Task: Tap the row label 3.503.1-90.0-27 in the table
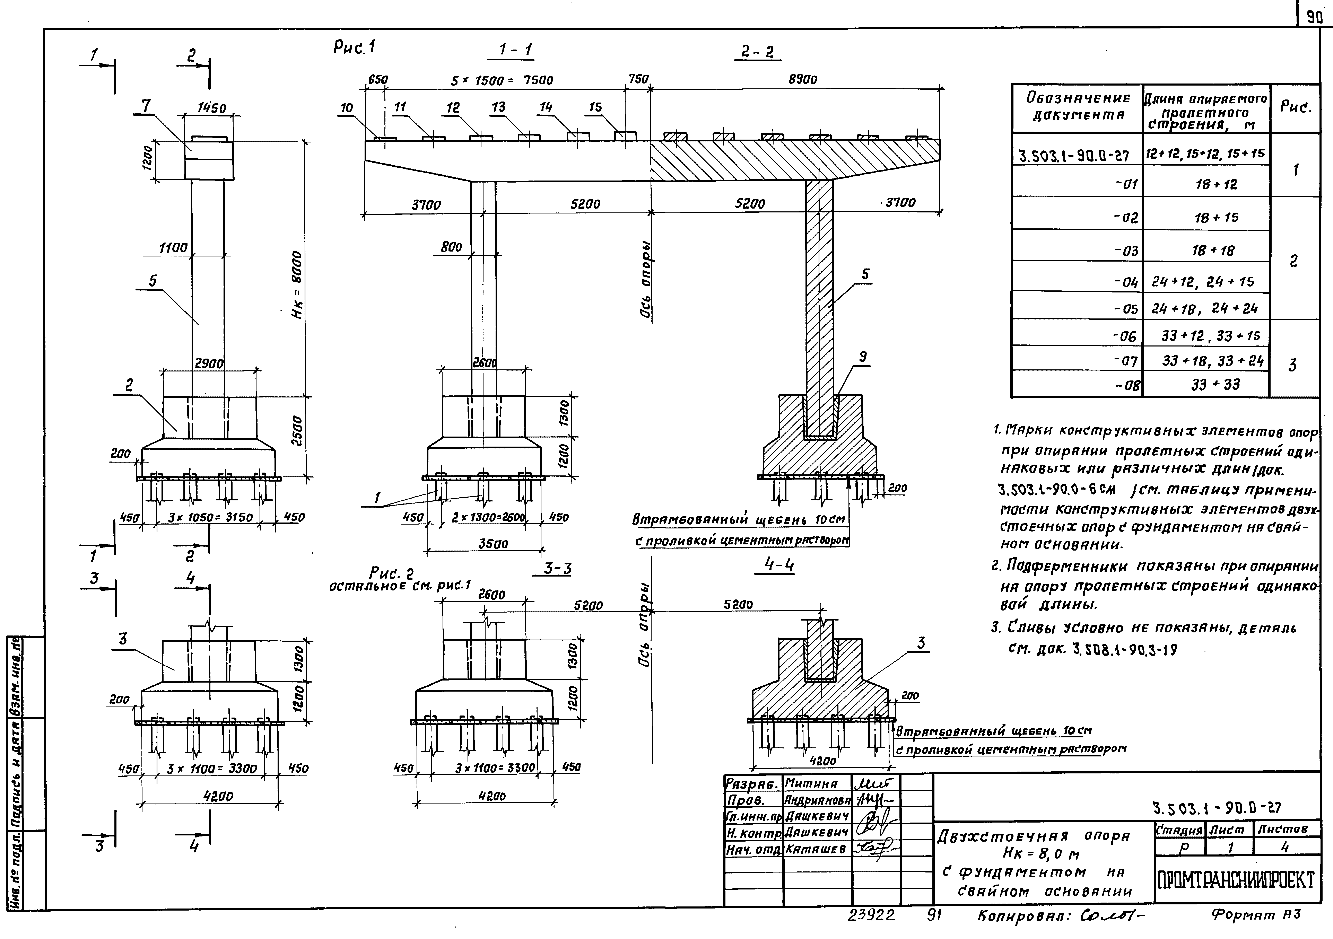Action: tap(1074, 156)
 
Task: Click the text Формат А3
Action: tap(1255, 916)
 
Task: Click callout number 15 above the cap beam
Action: tap(596, 107)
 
